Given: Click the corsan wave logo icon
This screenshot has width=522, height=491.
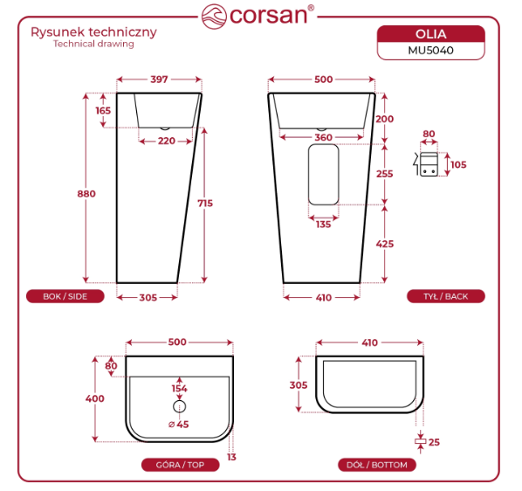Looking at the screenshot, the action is pyautogui.click(x=214, y=17).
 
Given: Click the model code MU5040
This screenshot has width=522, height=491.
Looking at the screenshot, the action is pyautogui.click(x=431, y=51).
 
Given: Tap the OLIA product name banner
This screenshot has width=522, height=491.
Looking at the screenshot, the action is pyautogui.click(x=431, y=34).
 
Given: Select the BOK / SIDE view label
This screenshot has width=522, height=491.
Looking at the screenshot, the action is pyautogui.click(x=65, y=296).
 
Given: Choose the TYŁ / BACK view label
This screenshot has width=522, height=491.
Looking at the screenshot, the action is pyautogui.click(x=446, y=296).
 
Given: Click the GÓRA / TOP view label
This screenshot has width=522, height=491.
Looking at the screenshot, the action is pyautogui.click(x=180, y=465).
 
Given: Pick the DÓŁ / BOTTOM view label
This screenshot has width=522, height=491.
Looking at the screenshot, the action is pyautogui.click(x=377, y=465).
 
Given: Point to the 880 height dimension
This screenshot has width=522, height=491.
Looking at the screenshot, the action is pyautogui.click(x=86, y=194).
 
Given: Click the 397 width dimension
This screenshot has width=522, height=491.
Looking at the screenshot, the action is pyautogui.click(x=159, y=80).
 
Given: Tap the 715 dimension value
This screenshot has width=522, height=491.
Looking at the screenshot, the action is pyautogui.click(x=205, y=204).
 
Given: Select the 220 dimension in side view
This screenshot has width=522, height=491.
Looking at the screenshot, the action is pyautogui.click(x=167, y=141).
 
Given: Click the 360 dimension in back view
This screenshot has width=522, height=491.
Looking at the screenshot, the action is pyautogui.click(x=323, y=137).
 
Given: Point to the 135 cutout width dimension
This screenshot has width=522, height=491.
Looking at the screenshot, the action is pyautogui.click(x=323, y=225).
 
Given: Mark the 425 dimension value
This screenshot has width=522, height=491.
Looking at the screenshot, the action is pyautogui.click(x=385, y=244).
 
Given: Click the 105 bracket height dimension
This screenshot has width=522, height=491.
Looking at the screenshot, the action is pyautogui.click(x=458, y=164).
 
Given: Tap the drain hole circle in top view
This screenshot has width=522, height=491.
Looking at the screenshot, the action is pyautogui.click(x=180, y=406).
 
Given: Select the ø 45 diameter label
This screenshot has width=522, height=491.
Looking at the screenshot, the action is pyautogui.click(x=179, y=425).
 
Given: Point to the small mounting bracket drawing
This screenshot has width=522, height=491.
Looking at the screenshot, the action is pyautogui.click(x=426, y=164).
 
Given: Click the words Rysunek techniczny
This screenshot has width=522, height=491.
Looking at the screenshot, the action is pyautogui.click(x=94, y=32).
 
